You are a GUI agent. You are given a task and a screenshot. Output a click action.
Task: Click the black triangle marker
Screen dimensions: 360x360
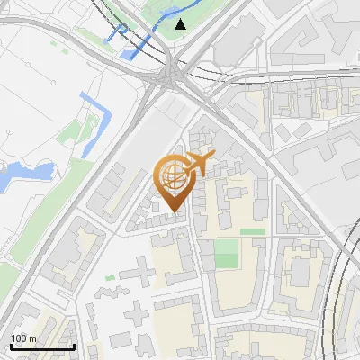click(x=181, y=24)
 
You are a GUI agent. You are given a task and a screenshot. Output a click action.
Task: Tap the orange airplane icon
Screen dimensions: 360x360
click(x=198, y=164)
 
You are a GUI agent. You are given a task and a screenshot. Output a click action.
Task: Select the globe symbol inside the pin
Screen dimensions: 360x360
click(x=171, y=175)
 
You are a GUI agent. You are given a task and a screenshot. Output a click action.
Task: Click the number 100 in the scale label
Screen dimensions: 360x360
click(x=19, y=338)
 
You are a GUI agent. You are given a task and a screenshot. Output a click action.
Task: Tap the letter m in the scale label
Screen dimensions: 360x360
click(x=33, y=338)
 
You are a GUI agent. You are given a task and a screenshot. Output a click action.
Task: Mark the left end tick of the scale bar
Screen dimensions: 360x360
click(x=11, y=346)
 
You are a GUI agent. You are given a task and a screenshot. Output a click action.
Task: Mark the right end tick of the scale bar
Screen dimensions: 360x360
click(x=74, y=346)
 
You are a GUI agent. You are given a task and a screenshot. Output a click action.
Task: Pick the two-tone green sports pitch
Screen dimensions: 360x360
click(x=227, y=254)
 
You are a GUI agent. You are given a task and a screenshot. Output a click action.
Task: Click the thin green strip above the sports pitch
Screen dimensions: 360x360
click(x=252, y=231)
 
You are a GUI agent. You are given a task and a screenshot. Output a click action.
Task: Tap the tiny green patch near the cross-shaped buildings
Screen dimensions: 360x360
click(x=110, y=278)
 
